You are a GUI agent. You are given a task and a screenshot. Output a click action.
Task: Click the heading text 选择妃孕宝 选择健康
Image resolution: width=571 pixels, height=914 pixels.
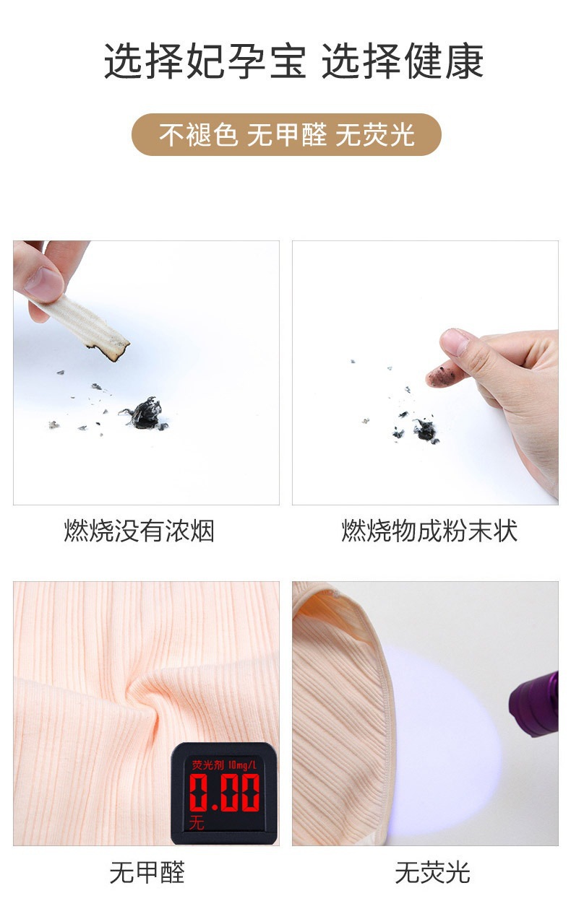[293, 61]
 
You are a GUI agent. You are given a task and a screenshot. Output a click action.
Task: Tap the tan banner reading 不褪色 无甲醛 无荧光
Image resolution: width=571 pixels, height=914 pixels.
[286, 135]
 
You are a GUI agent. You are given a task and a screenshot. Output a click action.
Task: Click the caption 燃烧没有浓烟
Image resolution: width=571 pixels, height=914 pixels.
[139, 532]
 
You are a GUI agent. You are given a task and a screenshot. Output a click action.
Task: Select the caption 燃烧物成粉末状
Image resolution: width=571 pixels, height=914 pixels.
[429, 532]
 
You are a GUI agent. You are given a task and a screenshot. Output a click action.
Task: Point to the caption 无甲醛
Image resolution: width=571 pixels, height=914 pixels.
[147, 872]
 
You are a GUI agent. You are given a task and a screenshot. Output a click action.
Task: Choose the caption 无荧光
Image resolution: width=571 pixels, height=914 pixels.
[432, 872]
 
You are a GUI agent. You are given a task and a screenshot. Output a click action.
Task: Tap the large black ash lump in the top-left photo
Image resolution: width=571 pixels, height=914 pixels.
[147, 414]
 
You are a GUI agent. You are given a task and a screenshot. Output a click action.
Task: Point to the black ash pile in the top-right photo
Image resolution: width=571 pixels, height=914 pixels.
[425, 430]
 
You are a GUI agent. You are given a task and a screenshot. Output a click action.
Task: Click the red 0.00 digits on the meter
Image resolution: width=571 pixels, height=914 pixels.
[224, 792]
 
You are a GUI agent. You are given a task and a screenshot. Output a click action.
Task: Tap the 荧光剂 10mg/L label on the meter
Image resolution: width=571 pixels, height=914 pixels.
[224, 764]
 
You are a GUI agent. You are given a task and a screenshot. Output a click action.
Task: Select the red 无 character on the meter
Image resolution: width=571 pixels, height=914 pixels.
[197, 824]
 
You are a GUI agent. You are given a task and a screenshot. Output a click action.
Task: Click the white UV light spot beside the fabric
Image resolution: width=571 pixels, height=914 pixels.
[441, 729]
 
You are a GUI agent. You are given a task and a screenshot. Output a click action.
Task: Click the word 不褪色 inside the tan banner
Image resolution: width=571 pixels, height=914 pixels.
[198, 135]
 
